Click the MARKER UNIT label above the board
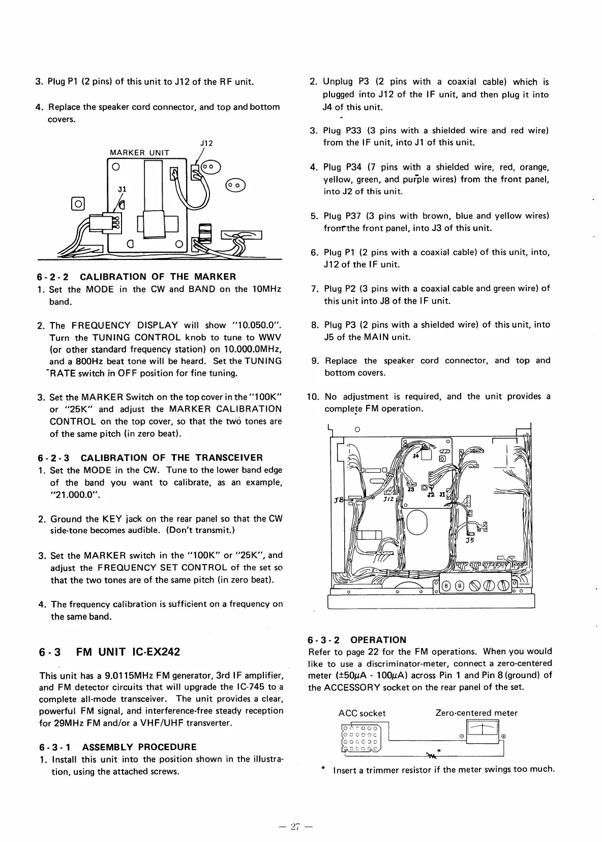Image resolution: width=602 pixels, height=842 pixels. pyautogui.click(x=139, y=153)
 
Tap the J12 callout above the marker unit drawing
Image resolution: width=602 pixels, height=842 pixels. pyautogui.click(x=206, y=144)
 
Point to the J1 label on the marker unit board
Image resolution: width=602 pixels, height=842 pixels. pyautogui.click(x=122, y=189)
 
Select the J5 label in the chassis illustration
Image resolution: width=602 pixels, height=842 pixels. pyautogui.click(x=469, y=540)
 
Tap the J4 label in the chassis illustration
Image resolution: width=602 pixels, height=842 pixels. pyautogui.click(x=416, y=456)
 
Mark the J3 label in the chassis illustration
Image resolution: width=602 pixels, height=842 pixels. pyautogui.click(x=410, y=489)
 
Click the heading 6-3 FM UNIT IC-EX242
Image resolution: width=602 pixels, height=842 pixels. pyautogui.click(x=109, y=652)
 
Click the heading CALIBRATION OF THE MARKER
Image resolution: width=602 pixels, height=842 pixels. pyautogui.click(x=158, y=277)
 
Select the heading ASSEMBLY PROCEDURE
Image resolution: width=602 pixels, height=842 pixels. pyautogui.click(x=139, y=747)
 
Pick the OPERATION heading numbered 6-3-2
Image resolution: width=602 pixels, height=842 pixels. pyautogui.click(x=378, y=640)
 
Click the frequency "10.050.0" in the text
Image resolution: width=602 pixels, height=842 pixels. pyautogui.click(x=257, y=325)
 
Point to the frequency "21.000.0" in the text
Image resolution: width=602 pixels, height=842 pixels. pyautogui.click(x=71, y=495)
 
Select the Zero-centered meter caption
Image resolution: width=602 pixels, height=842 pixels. pyautogui.click(x=476, y=713)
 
